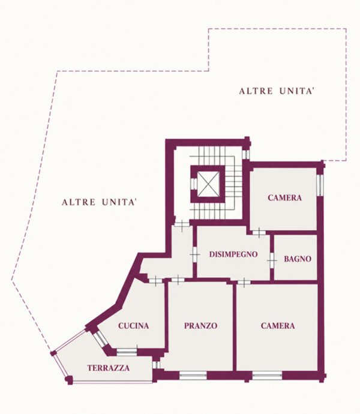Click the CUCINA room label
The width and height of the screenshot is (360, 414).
133,326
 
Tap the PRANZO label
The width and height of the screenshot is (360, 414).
201,326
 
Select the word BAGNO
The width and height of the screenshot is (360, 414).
298,259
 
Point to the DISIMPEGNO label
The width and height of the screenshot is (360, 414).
233,254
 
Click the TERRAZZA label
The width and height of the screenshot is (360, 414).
108,368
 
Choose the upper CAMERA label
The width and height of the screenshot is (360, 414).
285,197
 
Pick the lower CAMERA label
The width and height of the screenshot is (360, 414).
278,326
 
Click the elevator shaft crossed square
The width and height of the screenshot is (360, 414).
209,184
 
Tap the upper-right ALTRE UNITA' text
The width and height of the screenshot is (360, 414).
277,91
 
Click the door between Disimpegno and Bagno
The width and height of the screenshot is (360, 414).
272,260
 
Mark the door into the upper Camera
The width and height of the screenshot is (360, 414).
259,233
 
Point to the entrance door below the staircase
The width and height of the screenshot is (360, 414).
182,224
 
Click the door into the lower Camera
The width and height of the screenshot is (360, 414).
244,283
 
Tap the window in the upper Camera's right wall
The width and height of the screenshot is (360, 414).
320,185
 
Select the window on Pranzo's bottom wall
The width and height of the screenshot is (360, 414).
193,375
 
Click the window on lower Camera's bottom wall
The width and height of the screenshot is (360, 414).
267,375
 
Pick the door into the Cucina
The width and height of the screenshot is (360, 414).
156,281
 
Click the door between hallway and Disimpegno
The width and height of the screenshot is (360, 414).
194,255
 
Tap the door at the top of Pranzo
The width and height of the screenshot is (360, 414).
178,280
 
